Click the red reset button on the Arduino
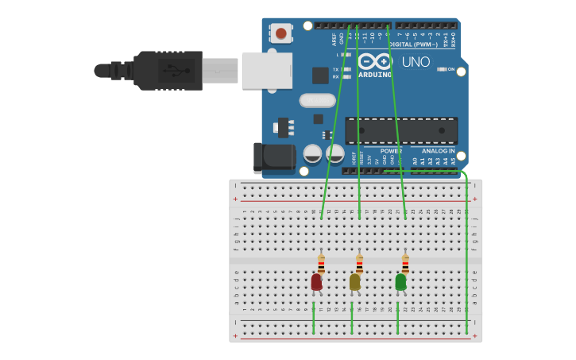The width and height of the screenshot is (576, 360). point(280,33)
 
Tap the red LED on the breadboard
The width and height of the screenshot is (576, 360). point(316,281)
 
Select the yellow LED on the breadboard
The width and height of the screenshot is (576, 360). point(354,281)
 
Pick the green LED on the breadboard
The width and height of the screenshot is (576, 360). point(400,281)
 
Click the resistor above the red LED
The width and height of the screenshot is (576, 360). point(321,264)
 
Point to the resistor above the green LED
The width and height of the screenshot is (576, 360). point(405,264)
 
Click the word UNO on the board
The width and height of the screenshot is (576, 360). point(416,62)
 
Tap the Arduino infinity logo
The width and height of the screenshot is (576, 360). point(375,60)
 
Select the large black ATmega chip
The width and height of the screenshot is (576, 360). point(401,130)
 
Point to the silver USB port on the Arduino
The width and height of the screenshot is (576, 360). point(267,70)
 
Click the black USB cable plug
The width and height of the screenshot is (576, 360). point(167,70)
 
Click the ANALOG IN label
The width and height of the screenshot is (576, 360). point(438,151)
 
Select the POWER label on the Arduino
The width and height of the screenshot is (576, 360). point(391,151)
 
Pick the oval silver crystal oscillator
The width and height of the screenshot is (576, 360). point(318,100)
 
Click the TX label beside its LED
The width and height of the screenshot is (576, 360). point(336,69)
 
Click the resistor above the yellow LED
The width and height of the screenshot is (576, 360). point(359,264)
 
